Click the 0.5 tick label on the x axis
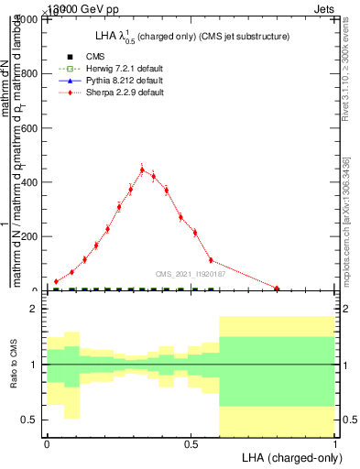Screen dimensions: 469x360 click(191, 444)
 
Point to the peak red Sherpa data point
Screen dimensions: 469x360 click(142, 169)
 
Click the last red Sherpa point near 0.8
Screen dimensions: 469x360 click(277, 289)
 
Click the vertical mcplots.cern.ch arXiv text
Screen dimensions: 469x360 click(345, 220)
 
